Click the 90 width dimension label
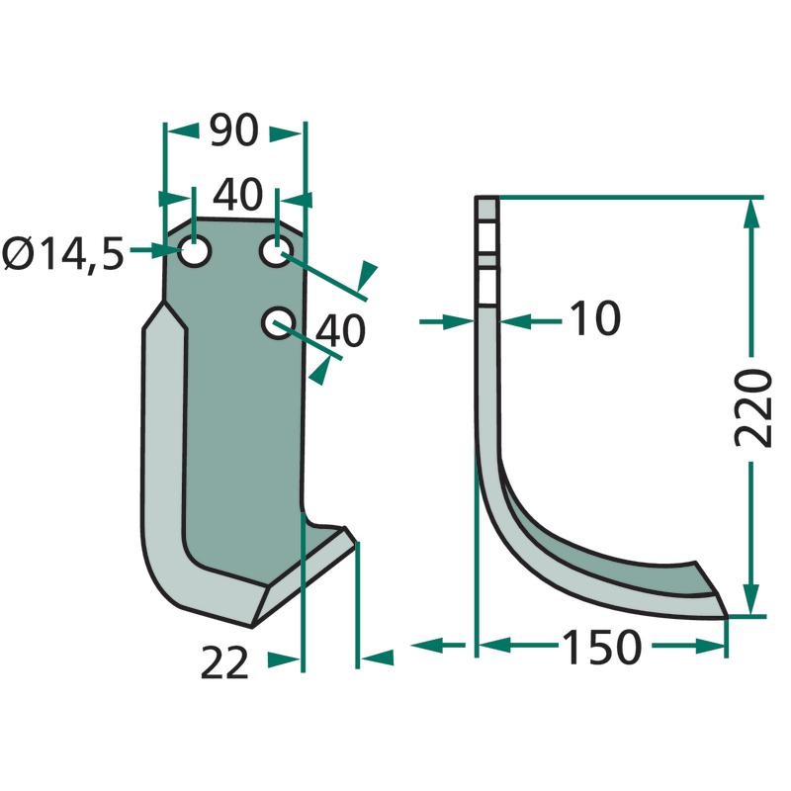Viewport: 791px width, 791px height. click(234, 131)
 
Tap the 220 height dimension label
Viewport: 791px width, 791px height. click(752, 407)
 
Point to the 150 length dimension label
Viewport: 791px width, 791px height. click(601, 648)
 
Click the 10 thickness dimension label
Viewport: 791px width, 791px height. click(595, 317)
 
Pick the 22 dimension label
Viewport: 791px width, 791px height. click(224, 662)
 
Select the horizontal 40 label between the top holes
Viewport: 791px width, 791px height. click(237, 194)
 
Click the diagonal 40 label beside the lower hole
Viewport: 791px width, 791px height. click(339, 330)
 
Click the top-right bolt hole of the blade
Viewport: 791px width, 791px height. click(276, 250)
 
